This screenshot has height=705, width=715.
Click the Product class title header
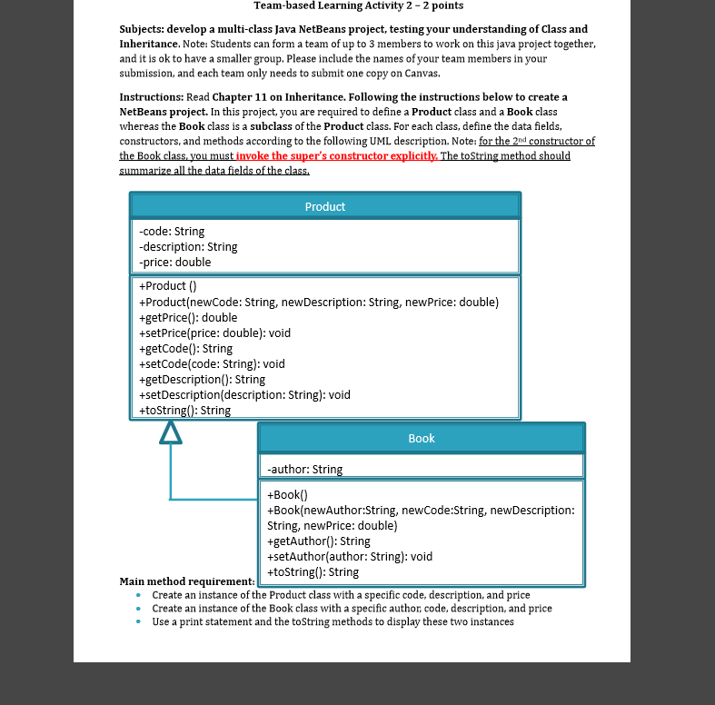(324, 206)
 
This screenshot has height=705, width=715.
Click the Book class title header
(421, 438)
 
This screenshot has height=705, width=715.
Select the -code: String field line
(172, 232)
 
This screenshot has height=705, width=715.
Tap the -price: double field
(174, 262)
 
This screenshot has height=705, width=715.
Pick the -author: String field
(305, 469)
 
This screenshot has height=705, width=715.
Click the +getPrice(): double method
(188, 317)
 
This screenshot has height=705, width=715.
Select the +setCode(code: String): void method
(212, 363)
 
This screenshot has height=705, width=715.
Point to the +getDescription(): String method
(202, 379)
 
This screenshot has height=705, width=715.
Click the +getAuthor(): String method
(319, 541)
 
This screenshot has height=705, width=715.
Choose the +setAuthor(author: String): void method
(350, 556)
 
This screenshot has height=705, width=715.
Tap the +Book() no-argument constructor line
(288, 495)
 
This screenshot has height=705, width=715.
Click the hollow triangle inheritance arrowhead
(170, 433)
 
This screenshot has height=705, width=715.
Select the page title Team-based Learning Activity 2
(358, 6)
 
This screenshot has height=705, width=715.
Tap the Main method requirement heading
(186, 581)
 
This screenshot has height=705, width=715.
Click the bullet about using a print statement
(333, 621)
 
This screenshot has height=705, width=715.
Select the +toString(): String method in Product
(184, 410)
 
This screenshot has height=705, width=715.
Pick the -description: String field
(188, 246)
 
